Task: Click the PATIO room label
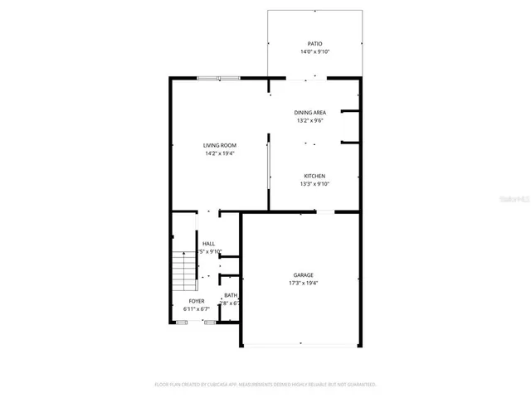314,44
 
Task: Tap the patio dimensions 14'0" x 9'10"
314,52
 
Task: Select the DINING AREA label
309,113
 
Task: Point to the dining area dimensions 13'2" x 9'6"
309,121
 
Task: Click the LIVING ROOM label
220,145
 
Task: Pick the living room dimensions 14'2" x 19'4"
220,153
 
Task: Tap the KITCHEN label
314,176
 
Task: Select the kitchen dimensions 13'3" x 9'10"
314,184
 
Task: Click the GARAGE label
303,275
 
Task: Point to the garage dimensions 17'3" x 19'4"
303,284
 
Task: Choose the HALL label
208,243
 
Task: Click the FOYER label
197,301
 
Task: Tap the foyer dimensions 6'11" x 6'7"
197,309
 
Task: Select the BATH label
230,295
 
